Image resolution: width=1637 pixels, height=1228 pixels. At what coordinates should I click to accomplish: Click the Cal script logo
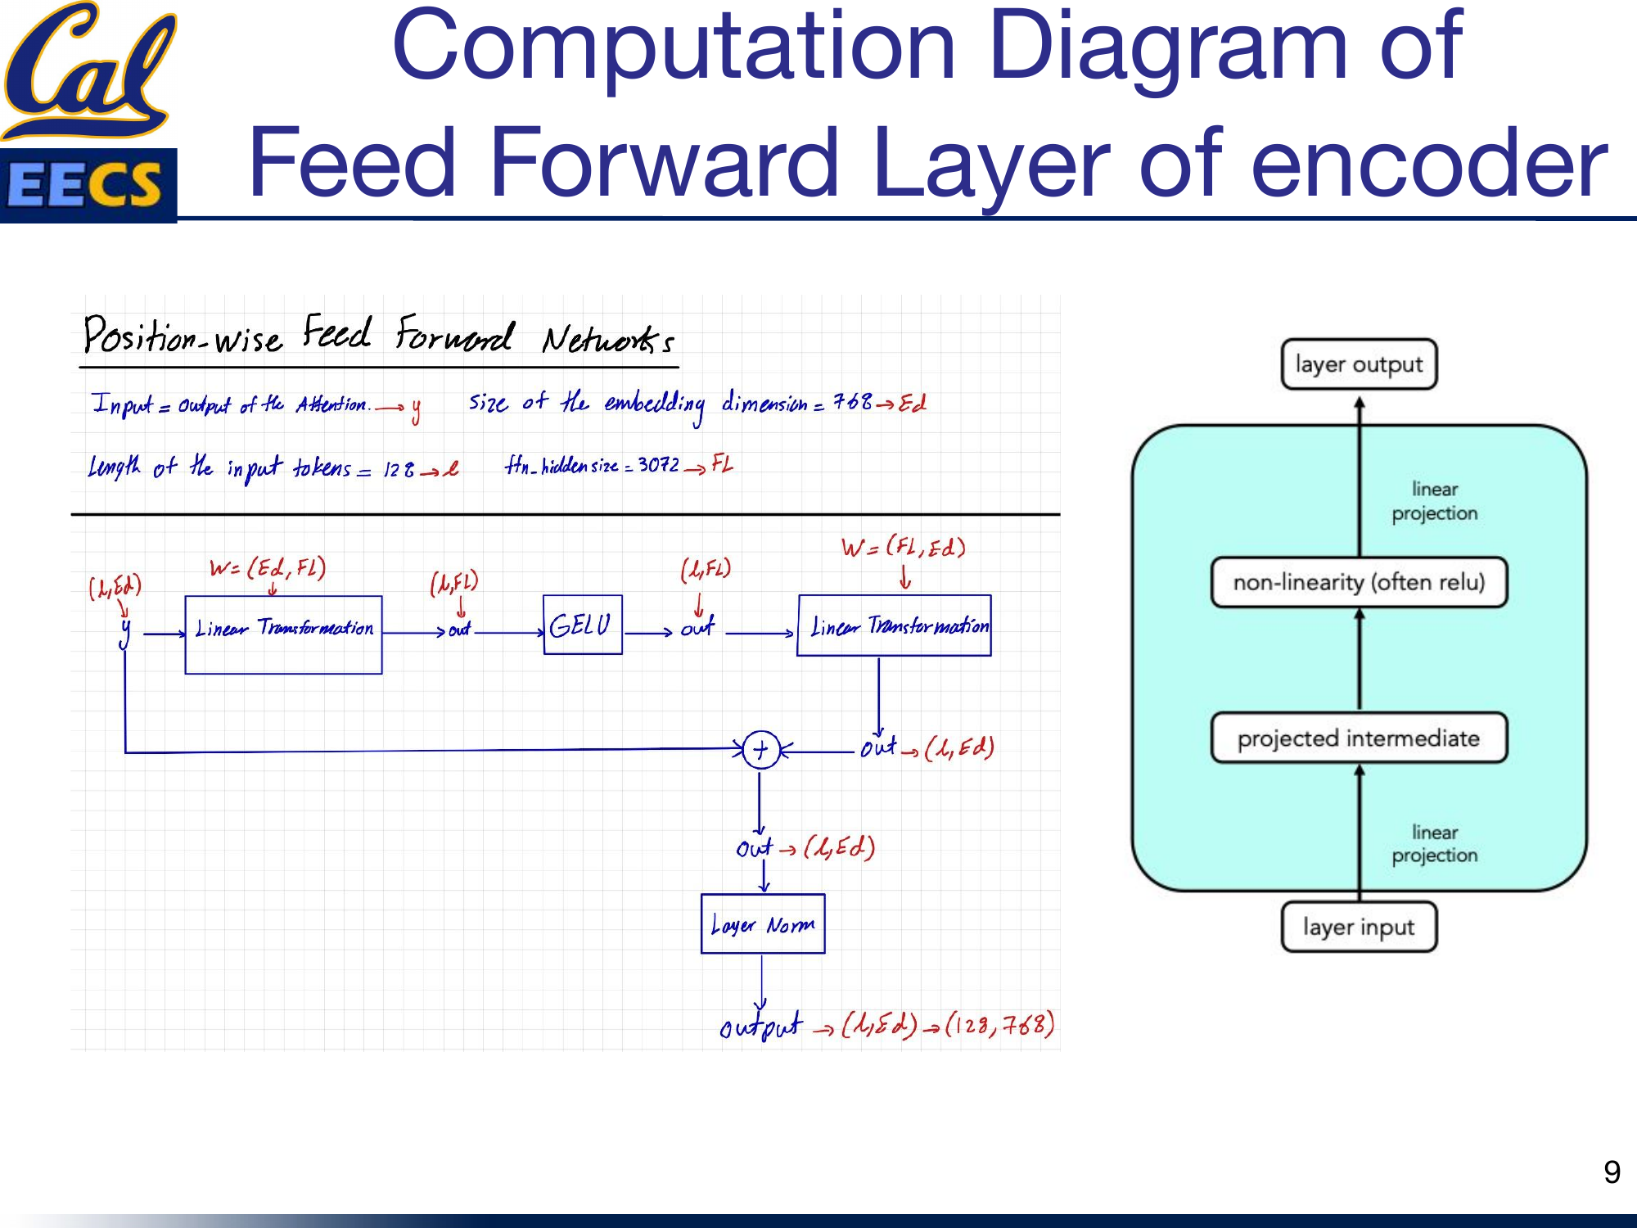tap(88, 70)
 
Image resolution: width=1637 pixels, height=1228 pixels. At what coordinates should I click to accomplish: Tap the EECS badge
tap(88, 185)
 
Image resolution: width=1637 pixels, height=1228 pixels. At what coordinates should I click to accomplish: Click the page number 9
tap(1612, 1172)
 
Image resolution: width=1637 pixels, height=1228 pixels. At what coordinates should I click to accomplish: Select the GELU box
tap(582, 625)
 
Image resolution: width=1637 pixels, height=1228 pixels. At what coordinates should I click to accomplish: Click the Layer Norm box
tap(763, 924)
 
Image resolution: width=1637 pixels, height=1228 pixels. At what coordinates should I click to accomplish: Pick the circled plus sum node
tap(760, 749)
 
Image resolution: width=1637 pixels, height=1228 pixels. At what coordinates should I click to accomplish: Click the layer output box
tap(1359, 364)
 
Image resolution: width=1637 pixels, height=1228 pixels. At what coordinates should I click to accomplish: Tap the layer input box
tap(1359, 927)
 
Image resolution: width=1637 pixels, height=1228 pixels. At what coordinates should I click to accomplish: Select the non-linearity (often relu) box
tap(1359, 582)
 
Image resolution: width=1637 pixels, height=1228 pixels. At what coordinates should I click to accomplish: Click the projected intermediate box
tap(1359, 738)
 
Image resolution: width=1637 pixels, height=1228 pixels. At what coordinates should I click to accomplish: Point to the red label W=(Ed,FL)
tap(268, 567)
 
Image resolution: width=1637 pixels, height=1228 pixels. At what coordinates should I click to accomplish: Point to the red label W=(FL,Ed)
tap(903, 547)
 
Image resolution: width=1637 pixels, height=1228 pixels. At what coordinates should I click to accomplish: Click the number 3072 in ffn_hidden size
tap(658, 465)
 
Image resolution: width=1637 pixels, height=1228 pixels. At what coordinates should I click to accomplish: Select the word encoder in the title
tap(1428, 164)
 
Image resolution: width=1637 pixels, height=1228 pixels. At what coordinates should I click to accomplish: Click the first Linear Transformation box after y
tap(283, 634)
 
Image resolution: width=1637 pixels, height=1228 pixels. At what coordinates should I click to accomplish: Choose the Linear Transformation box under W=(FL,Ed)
tap(894, 625)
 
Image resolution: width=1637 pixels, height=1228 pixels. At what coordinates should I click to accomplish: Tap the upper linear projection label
tap(1434, 501)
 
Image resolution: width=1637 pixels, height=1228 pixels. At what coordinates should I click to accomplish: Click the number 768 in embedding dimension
tap(852, 402)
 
